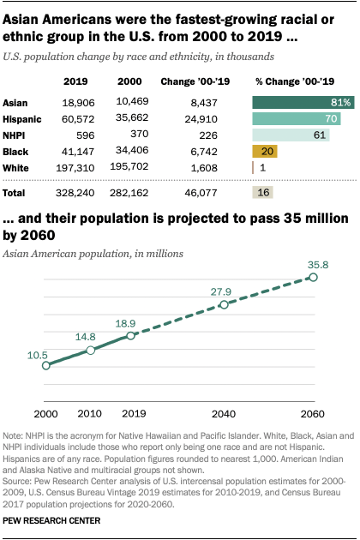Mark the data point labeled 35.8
pyautogui.click(x=315, y=278)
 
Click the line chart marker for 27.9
pyautogui.click(x=224, y=304)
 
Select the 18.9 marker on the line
pyautogui.click(x=130, y=335)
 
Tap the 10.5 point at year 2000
pyautogui.click(x=44, y=365)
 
